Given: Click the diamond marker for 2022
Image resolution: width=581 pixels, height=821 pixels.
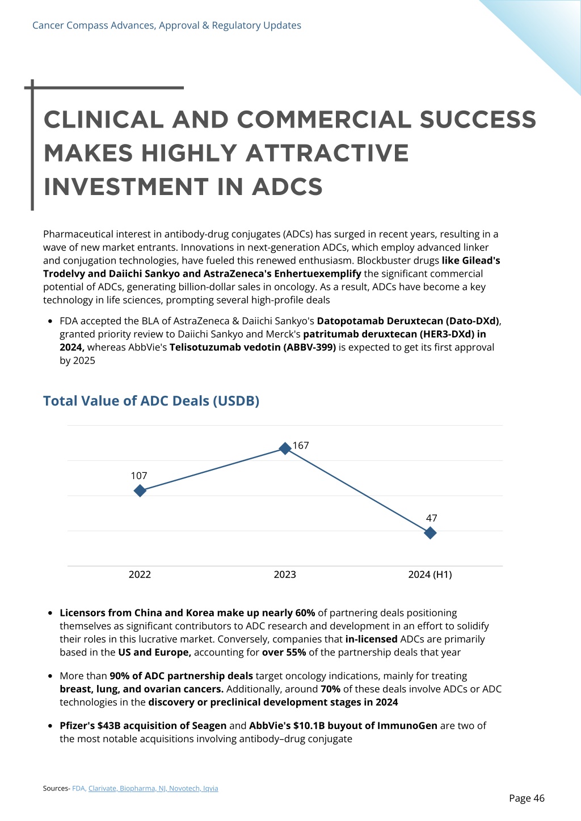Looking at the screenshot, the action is [x=140, y=490].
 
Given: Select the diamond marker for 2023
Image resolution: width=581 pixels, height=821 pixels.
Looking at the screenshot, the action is [x=285, y=448].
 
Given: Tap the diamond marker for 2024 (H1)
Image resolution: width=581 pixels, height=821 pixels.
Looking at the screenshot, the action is [x=430, y=533].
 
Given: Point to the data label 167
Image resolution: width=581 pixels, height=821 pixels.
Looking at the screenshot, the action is [x=301, y=445].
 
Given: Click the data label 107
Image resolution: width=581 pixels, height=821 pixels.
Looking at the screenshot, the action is [x=139, y=476].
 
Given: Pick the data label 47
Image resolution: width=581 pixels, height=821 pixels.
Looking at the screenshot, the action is [x=431, y=518].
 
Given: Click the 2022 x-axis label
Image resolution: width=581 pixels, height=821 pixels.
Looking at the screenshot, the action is [x=140, y=574].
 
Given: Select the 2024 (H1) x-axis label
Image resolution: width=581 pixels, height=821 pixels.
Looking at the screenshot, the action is [x=430, y=574].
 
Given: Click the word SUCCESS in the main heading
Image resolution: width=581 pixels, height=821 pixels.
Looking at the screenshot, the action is [x=478, y=120].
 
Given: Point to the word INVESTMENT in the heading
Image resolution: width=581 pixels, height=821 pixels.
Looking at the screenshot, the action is [x=126, y=187].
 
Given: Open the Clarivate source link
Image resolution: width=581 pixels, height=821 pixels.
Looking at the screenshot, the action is [x=102, y=788].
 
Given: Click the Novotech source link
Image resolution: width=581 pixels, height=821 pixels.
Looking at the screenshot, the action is [x=184, y=788].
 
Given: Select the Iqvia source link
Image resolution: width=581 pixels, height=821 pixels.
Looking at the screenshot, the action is [x=210, y=788].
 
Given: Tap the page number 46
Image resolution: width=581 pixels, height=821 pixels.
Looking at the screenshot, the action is [x=538, y=798].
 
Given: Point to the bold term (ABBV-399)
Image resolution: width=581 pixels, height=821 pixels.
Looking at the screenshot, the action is [x=310, y=347].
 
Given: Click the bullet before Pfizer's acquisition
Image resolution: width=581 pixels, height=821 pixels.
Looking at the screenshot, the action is [x=50, y=726].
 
